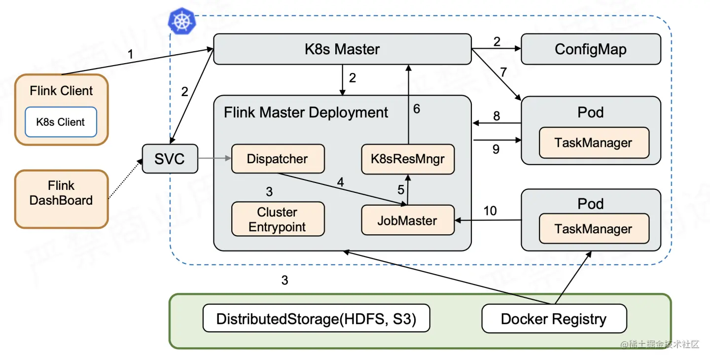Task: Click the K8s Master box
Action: [x=342, y=49]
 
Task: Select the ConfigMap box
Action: [x=591, y=49]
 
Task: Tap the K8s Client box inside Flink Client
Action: [x=61, y=122]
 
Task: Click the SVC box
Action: [x=170, y=159]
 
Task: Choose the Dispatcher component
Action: [x=278, y=159]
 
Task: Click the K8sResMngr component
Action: [x=407, y=159]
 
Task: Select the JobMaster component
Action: [x=407, y=220]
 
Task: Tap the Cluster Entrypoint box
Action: [x=278, y=219]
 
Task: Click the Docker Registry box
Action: [x=553, y=319]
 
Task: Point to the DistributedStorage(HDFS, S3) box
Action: [x=316, y=319]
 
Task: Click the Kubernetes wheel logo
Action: [x=182, y=21]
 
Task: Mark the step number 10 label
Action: [x=490, y=211]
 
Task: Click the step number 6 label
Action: [x=417, y=109]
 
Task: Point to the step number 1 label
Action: [x=130, y=54]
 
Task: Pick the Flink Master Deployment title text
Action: [x=306, y=112]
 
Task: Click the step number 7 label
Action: [x=503, y=72]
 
